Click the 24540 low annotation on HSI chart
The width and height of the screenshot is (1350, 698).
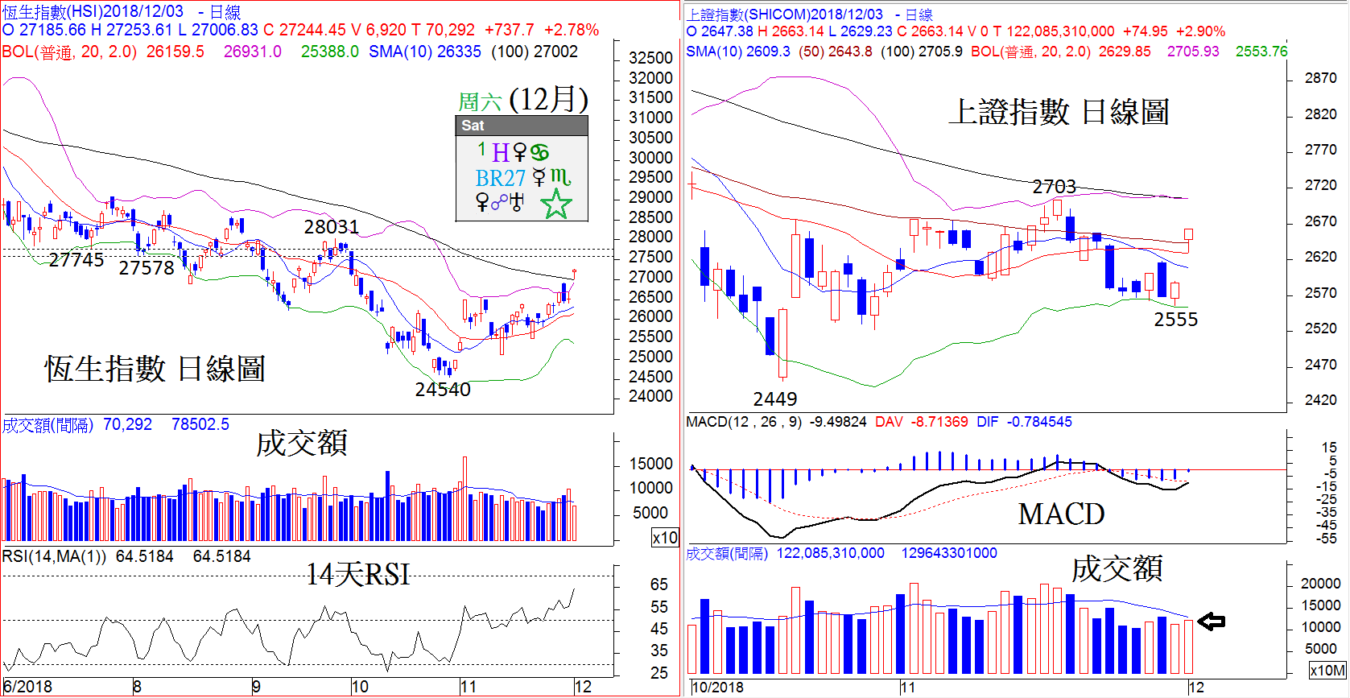click(442, 390)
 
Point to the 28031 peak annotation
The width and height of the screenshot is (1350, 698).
click(331, 227)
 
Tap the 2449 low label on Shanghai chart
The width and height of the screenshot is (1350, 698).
click(774, 399)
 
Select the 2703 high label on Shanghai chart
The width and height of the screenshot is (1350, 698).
click(1054, 187)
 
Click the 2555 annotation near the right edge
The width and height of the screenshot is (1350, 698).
click(1175, 320)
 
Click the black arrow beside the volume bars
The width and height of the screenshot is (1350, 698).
click(1211, 621)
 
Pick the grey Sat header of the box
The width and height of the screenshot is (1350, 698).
click(521, 126)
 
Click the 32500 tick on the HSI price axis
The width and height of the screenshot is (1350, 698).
click(650, 58)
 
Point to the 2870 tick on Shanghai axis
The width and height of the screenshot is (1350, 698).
click(1320, 78)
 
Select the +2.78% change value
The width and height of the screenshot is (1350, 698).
click(571, 30)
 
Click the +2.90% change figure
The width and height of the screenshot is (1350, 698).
click(1200, 31)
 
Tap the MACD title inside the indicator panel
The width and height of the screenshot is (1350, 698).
click(1061, 514)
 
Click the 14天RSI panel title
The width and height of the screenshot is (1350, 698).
click(357, 574)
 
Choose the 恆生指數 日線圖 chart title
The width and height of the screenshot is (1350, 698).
click(155, 369)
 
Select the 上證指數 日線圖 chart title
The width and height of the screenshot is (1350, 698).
click(1058, 112)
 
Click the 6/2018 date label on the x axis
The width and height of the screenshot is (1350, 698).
click(27, 687)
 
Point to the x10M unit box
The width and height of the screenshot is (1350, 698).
click(1327, 670)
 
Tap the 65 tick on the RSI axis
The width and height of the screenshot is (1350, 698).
click(658, 584)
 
